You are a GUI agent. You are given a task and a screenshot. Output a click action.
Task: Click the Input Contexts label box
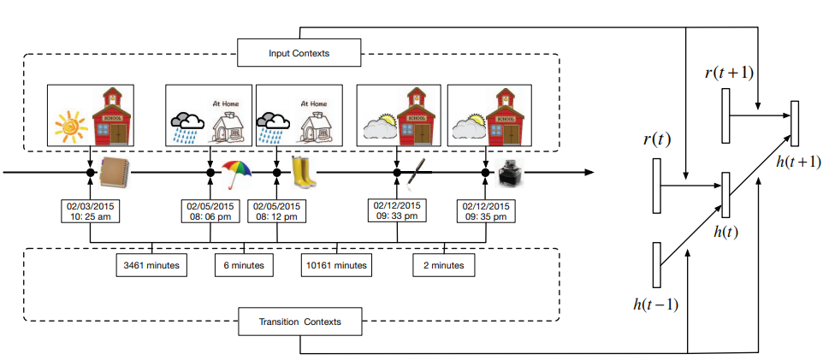(299, 52)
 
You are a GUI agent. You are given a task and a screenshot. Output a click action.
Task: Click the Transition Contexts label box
(299, 322)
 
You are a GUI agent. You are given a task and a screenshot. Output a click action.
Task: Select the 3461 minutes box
(151, 265)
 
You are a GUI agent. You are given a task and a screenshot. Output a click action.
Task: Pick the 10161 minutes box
(337, 265)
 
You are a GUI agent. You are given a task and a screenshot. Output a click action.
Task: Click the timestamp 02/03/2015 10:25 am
(91, 210)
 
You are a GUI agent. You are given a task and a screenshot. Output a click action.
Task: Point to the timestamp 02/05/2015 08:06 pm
(210, 210)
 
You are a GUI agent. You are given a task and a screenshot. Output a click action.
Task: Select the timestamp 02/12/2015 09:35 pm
(486, 210)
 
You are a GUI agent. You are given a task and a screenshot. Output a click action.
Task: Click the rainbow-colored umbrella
(237, 174)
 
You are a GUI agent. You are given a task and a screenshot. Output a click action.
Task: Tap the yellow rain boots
(304, 172)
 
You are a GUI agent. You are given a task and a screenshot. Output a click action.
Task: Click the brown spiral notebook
(114, 172)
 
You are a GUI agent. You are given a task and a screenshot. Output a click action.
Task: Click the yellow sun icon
(71, 126)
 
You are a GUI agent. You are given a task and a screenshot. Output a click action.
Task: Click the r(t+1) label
(729, 73)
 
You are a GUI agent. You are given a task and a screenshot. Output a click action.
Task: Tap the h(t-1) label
(656, 304)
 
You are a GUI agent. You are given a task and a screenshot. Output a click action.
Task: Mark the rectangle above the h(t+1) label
(795, 124)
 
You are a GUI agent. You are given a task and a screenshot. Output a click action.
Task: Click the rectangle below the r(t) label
(657, 186)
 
